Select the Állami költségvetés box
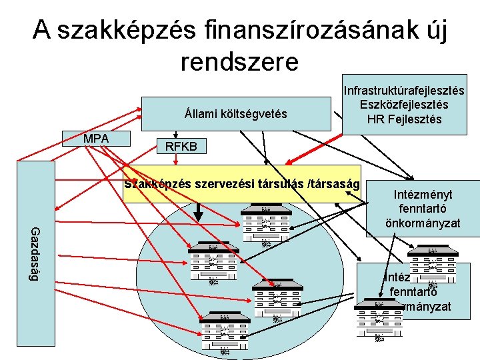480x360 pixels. pyautogui.click(x=236, y=114)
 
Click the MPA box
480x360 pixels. pyautogui.click(x=97, y=139)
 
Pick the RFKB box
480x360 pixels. pyautogui.click(x=181, y=146)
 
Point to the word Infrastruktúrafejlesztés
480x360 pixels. pyautogui.click(x=404, y=90)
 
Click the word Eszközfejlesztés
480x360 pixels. pyautogui.click(x=404, y=105)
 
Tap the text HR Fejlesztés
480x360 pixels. pyautogui.click(x=404, y=119)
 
